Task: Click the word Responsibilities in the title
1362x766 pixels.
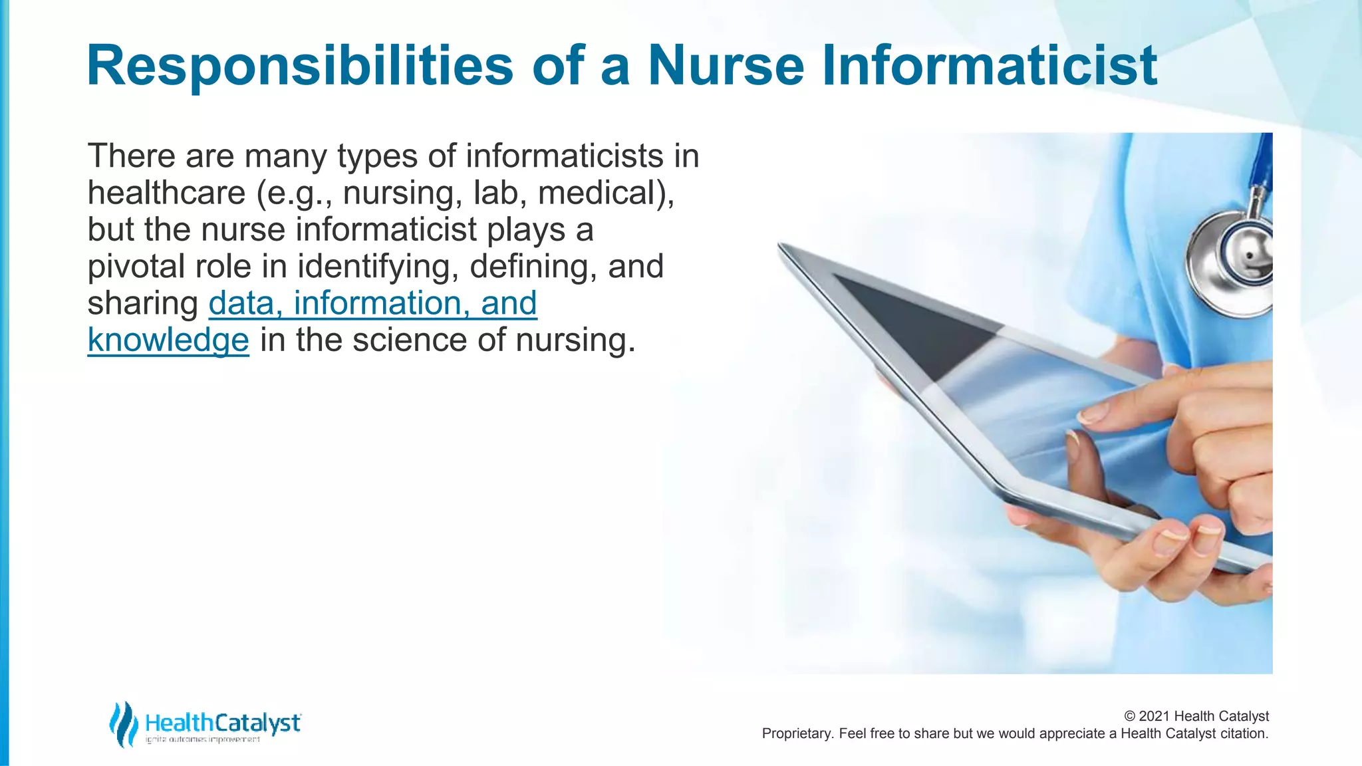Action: tap(300, 66)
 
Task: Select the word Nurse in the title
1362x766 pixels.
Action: tap(726, 66)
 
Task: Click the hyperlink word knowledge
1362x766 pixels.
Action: tap(168, 340)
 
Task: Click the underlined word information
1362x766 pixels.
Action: tap(376, 303)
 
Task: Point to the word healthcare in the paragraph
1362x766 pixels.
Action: tap(166, 193)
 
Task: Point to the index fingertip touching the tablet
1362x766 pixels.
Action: tap(1091, 415)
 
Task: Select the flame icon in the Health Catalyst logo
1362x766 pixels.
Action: tap(124, 724)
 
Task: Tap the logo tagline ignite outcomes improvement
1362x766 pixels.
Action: tap(203, 740)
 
